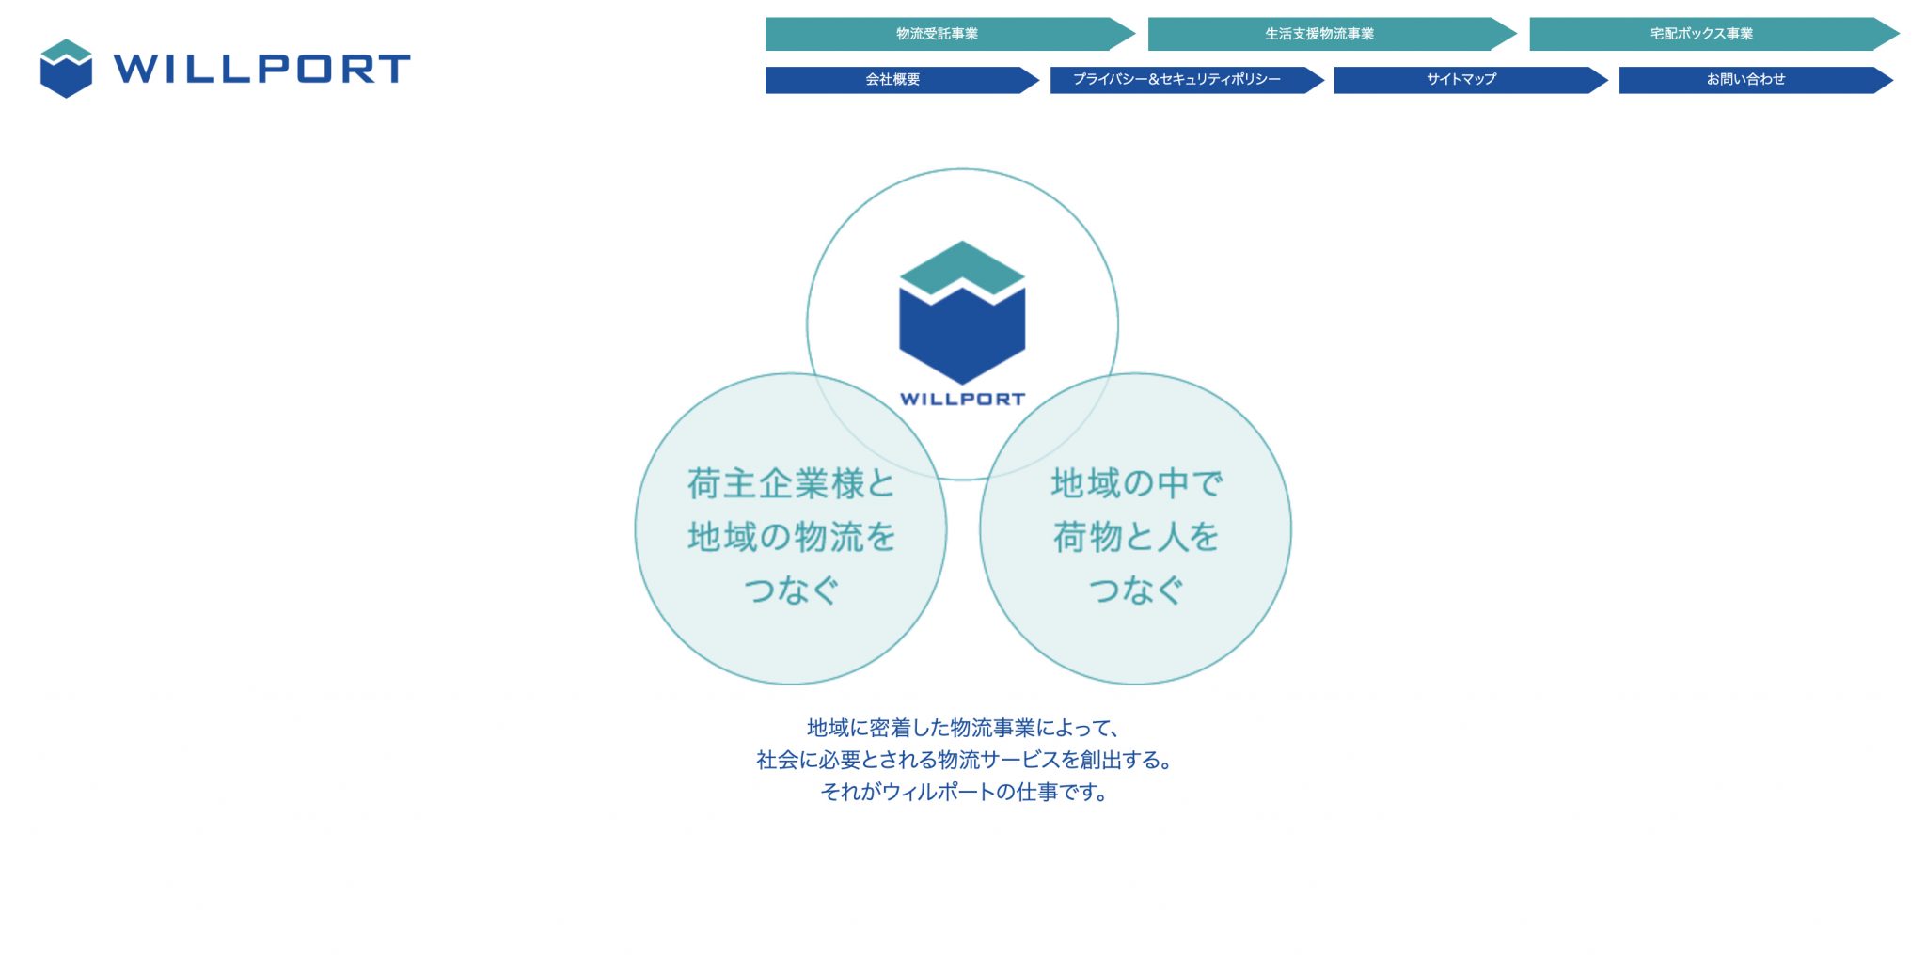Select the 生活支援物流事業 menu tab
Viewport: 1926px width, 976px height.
click(x=1332, y=34)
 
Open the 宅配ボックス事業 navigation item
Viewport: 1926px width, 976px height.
click(x=1713, y=34)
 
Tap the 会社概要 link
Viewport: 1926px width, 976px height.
click(x=902, y=80)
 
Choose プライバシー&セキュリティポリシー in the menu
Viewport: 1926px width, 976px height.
click(x=1187, y=80)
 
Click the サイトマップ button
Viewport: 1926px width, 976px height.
click(x=1471, y=80)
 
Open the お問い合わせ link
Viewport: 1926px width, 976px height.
click(x=1756, y=80)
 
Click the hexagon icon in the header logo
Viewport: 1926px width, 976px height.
click(x=66, y=69)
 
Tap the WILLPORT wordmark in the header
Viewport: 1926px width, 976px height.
click(x=261, y=69)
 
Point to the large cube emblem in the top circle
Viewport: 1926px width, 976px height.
click(x=962, y=312)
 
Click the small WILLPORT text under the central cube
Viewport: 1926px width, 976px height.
click(x=962, y=399)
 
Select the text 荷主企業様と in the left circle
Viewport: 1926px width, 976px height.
click(x=791, y=484)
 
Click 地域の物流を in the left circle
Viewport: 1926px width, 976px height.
click(x=791, y=537)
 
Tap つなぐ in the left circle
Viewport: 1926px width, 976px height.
click(x=791, y=590)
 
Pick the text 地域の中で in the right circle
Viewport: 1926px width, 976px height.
click(x=1136, y=483)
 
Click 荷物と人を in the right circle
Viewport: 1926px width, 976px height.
click(x=1136, y=537)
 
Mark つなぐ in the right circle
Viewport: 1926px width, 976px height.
click(x=1136, y=590)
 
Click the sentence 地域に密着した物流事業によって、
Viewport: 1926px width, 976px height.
click(x=963, y=728)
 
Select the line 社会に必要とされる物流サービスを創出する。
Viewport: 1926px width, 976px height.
click(x=963, y=760)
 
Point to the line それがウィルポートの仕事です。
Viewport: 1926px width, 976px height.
click(x=963, y=792)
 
